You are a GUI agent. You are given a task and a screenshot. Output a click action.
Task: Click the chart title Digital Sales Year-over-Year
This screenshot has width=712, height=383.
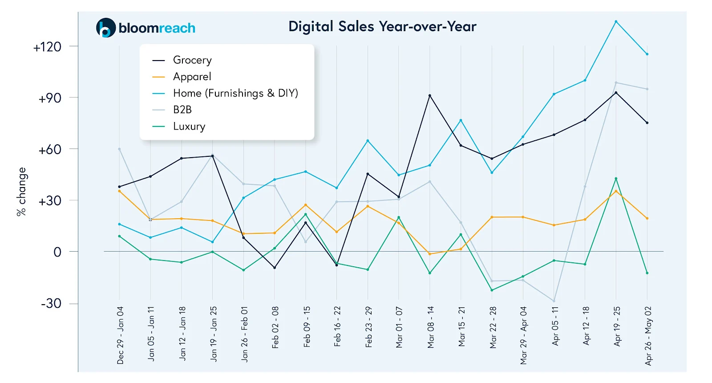(382, 27)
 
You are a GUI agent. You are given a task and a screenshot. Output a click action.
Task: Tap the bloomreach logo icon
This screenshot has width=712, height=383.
(106, 28)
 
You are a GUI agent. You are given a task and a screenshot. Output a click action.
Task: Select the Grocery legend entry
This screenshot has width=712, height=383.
(192, 60)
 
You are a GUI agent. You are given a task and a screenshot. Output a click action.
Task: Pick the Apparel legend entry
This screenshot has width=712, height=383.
(192, 77)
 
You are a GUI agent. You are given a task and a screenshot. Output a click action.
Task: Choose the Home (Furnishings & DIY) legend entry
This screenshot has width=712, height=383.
(235, 93)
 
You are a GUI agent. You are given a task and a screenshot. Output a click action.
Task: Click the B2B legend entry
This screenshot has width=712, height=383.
(182, 110)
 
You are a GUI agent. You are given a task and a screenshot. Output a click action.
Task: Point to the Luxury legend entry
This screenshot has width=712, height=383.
(189, 126)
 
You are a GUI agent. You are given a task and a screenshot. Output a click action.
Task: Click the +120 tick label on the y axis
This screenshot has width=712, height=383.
(47, 47)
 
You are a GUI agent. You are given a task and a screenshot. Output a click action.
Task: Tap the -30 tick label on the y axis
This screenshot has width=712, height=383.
(51, 304)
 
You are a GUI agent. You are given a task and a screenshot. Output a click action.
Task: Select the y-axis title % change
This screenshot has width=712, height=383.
(21, 192)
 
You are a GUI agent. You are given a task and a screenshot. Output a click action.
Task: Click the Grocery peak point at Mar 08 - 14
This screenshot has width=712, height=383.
(430, 96)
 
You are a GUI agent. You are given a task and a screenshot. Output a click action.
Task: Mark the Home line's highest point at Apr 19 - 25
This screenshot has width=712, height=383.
(616, 21)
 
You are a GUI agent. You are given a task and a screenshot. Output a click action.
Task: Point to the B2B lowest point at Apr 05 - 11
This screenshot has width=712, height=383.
(554, 301)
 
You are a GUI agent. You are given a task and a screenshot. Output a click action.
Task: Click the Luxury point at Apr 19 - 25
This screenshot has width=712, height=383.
(616, 179)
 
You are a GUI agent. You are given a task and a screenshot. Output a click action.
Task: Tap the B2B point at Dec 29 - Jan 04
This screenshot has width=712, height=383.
(119, 149)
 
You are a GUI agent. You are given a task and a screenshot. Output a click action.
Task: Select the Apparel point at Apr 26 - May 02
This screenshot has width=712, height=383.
(647, 218)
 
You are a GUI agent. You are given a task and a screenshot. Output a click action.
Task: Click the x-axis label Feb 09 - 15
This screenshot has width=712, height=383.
(307, 326)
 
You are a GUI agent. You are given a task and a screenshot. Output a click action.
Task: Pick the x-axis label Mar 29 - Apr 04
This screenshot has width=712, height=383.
(523, 335)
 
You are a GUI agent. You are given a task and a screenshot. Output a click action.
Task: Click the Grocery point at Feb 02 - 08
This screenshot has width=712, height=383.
(275, 268)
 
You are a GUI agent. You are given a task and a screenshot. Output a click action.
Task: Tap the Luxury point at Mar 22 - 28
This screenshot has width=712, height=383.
(492, 290)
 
